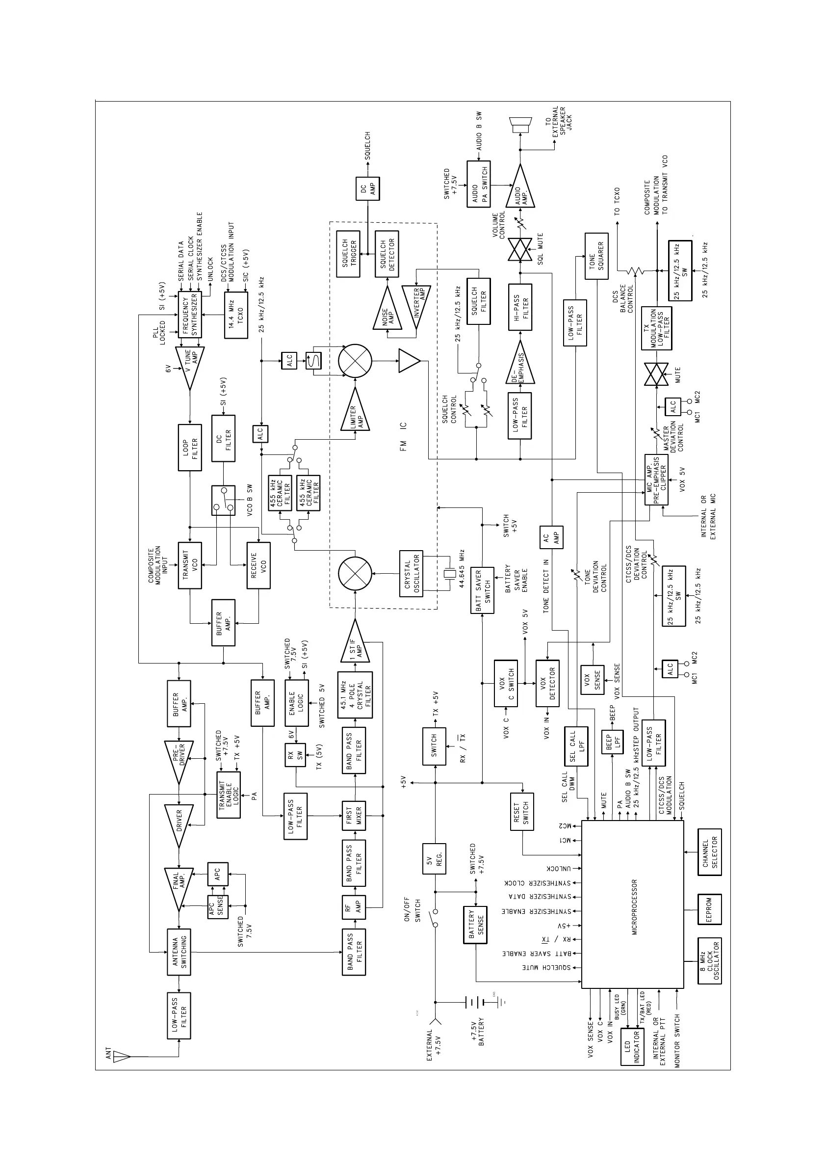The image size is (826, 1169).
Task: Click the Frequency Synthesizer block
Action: (x=190, y=315)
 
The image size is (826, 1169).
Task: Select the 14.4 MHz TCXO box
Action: (x=236, y=315)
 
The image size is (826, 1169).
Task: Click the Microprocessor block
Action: (x=633, y=903)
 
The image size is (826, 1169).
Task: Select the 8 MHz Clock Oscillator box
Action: (x=709, y=960)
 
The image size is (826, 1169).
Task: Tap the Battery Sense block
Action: (x=475, y=925)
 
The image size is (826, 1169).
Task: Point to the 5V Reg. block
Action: (x=434, y=858)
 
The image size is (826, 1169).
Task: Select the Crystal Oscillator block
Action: (x=411, y=573)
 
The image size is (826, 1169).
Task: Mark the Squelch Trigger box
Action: (x=348, y=254)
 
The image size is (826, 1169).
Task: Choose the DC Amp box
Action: (x=367, y=188)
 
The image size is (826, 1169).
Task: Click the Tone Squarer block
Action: (x=596, y=256)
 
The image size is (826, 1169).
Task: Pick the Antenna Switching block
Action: (x=179, y=952)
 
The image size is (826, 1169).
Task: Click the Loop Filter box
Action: (x=190, y=447)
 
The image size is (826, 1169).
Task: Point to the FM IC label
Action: (x=403, y=436)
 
